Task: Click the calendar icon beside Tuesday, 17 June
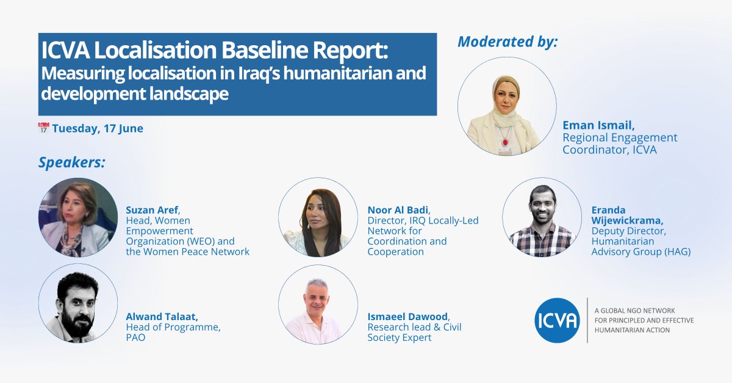pyautogui.click(x=43, y=129)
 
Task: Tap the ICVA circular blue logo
pyautogui.click(x=556, y=320)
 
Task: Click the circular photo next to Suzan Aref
pyautogui.click(x=78, y=217)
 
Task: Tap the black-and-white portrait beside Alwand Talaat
pyautogui.click(x=78, y=304)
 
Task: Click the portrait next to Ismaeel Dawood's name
pyautogui.click(x=318, y=304)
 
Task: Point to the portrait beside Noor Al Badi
pyautogui.click(x=318, y=217)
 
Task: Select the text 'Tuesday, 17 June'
pyautogui.click(x=98, y=129)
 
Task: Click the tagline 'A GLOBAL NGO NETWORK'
pyautogui.click(x=634, y=310)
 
